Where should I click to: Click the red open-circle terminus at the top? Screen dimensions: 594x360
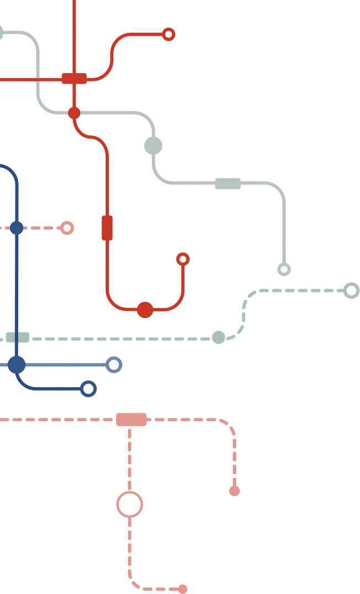(x=169, y=35)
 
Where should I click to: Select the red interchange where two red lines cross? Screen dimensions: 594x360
(x=74, y=78)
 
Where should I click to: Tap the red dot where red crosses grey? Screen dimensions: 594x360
(x=74, y=113)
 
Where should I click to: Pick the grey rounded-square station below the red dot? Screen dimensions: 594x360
(x=153, y=145)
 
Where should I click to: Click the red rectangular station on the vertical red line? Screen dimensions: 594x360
(x=108, y=228)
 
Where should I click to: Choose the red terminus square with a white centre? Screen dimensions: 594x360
(x=182, y=259)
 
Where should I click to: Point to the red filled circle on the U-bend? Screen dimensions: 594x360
(x=145, y=310)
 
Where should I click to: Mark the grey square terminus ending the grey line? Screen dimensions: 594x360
(x=283, y=269)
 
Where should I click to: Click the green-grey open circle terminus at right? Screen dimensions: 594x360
(x=350, y=290)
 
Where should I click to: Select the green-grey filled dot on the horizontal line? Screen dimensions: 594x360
(x=219, y=336)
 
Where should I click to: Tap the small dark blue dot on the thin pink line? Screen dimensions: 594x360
(x=17, y=228)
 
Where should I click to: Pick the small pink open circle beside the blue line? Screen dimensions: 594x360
(x=66, y=227)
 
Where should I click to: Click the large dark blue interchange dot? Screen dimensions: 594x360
(x=17, y=365)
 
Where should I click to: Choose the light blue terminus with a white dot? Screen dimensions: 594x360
(x=114, y=365)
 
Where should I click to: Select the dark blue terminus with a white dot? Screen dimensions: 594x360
(x=88, y=389)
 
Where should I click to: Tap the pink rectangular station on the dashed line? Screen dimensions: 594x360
(x=132, y=420)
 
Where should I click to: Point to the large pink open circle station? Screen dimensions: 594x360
(x=131, y=504)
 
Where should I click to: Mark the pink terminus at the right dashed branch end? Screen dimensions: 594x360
(x=234, y=491)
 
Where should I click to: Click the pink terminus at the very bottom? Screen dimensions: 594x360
(x=182, y=587)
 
